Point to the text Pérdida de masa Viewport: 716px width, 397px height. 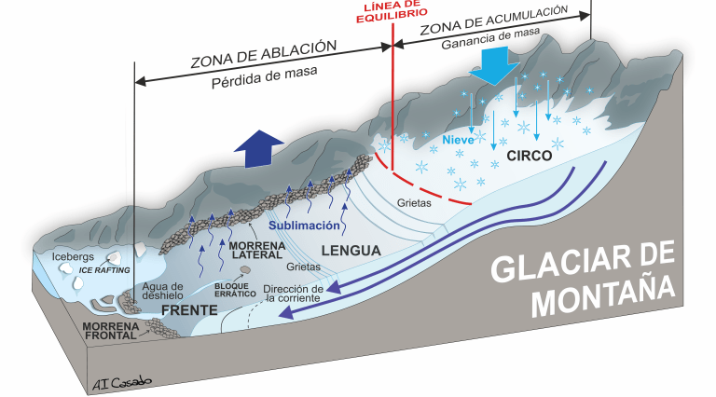263,75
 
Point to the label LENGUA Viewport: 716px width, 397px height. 350,251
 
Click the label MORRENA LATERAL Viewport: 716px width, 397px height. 255,251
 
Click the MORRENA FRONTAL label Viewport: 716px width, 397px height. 111,332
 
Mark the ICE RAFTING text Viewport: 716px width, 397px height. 104,269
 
